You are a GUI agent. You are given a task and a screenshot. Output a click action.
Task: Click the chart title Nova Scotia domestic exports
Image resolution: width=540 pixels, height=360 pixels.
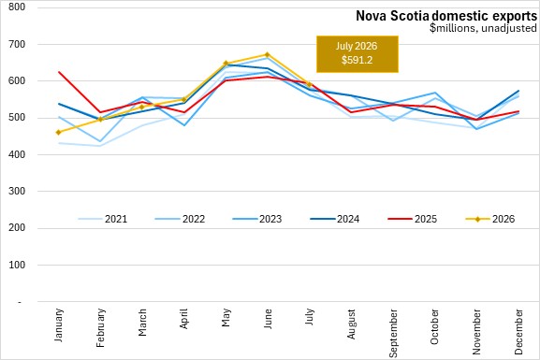pos(446,16)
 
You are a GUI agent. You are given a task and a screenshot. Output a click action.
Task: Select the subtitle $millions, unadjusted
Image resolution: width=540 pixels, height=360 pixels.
pos(483,28)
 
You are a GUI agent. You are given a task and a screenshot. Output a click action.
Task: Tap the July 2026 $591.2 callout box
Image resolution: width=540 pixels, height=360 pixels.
pos(358,54)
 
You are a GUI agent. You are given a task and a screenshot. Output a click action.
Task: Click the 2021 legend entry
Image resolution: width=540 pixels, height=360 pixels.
pos(103,219)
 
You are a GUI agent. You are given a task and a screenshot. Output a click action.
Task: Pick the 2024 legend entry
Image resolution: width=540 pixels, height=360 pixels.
pos(335,219)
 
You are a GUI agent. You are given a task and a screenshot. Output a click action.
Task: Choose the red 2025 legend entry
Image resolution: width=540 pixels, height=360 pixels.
pos(412,219)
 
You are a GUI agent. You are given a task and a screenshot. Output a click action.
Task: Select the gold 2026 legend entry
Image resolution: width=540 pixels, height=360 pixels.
pos(489,219)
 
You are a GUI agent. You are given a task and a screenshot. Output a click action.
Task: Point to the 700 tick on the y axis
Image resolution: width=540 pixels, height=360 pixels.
pos(17,44)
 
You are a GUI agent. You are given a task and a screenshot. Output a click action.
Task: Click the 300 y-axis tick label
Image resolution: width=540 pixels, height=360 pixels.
pos(17,191)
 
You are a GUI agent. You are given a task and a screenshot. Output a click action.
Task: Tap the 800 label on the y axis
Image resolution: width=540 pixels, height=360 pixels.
pos(17,7)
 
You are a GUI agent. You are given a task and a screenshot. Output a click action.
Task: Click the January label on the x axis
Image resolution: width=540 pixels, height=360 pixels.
pos(59,324)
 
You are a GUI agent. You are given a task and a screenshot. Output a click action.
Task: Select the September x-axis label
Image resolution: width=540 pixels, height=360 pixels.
pos(393,333)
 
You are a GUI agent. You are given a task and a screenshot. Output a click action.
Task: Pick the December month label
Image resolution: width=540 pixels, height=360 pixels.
pos(518,331)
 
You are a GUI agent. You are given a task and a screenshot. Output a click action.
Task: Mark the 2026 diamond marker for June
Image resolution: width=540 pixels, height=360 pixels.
pos(268,55)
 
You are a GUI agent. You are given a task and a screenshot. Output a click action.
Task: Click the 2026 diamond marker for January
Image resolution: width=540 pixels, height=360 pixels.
pos(59,132)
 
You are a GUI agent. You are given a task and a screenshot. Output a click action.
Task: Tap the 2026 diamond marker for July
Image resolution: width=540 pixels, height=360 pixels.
pos(309,84)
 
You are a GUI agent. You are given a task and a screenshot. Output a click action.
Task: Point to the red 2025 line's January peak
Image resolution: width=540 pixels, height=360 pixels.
pos(59,72)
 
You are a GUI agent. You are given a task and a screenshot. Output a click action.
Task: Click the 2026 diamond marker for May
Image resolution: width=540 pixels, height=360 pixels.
pos(226,64)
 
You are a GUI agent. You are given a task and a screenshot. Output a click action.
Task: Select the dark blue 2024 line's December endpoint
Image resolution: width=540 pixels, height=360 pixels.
pos(518,91)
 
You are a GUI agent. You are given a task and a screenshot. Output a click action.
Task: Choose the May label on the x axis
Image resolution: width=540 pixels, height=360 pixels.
pos(226,317)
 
